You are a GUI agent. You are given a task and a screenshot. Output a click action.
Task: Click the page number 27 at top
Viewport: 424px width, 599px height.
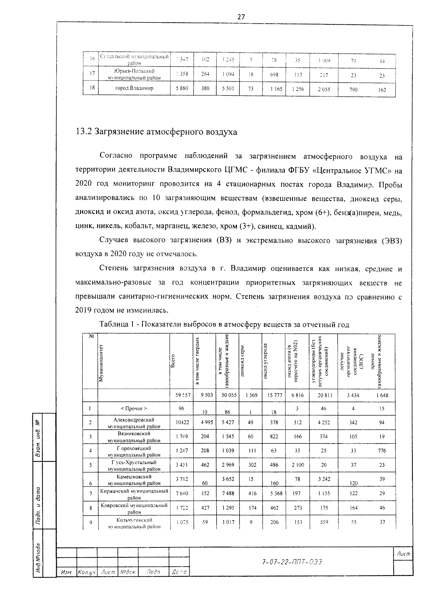pos(241,17)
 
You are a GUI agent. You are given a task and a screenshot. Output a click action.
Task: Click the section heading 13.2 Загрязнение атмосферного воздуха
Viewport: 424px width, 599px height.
pos(157,132)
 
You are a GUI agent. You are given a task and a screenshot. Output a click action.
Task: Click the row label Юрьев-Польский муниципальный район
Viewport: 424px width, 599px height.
pos(134,74)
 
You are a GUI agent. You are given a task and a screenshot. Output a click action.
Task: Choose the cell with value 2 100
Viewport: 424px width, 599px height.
pos(298,465)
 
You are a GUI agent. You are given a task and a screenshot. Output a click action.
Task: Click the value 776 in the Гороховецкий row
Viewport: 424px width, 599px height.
pos(382,451)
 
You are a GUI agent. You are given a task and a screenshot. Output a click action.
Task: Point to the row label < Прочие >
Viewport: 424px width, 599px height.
pos(134,409)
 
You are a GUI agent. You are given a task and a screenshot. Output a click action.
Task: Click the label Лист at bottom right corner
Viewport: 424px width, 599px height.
pos(403,554)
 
